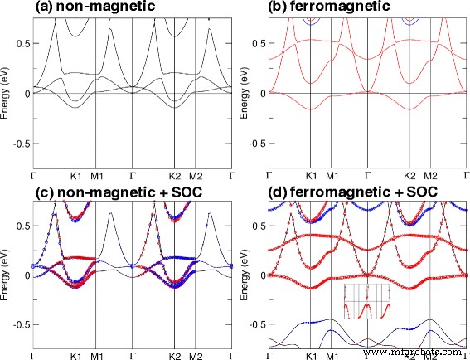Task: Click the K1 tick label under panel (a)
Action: click(x=75, y=176)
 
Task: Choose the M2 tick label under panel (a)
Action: click(x=196, y=176)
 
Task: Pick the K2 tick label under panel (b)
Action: click(x=409, y=176)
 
